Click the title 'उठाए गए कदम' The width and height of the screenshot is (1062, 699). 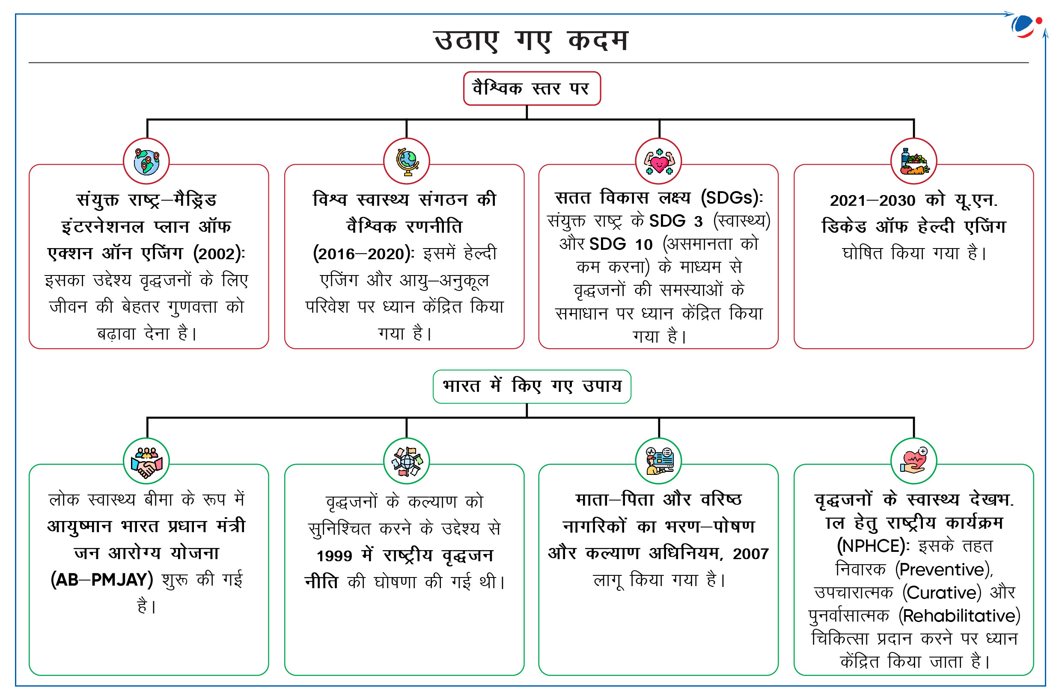531,41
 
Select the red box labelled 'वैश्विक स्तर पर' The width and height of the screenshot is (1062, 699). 532,88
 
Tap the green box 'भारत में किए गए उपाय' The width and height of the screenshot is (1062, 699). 532,387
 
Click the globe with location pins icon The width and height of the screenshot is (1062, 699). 146,161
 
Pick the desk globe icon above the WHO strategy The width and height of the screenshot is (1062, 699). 407,161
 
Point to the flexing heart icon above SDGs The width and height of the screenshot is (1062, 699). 659,161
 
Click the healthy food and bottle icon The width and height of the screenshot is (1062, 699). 913,161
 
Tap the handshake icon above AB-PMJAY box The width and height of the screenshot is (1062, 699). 146,461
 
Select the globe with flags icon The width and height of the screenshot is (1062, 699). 407,461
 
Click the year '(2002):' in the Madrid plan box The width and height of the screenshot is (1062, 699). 219,254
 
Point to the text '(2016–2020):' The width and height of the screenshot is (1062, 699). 364,254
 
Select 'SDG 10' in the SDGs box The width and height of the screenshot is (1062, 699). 621,244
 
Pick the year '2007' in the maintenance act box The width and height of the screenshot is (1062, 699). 751,554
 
